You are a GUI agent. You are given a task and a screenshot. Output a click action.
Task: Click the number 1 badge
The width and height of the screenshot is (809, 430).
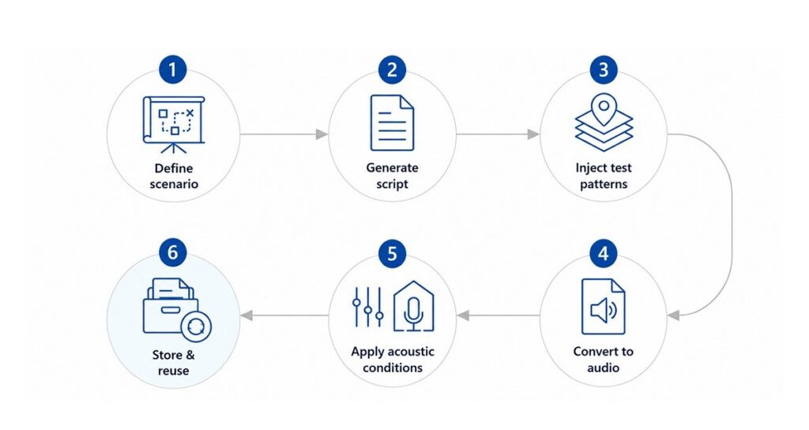pyautogui.click(x=172, y=70)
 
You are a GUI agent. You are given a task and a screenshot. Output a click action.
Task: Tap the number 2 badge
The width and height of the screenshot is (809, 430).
pyautogui.click(x=392, y=70)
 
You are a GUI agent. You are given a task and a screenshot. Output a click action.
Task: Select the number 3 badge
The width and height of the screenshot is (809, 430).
pyautogui.click(x=603, y=70)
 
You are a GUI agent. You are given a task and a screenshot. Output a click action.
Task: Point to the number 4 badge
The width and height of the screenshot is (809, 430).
pyautogui.click(x=603, y=254)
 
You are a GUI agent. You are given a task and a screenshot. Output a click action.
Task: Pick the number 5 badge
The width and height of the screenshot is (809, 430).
pyautogui.click(x=392, y=254)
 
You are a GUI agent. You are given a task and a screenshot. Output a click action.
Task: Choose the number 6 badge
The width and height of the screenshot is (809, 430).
pyautogui.click(x=172, y=252)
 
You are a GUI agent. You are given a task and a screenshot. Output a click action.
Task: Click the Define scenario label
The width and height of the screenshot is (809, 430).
pyautogui.click(x=174, y=176)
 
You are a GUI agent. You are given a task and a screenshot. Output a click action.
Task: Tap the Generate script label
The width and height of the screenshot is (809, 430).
pyautogui.click(x=392, y=175)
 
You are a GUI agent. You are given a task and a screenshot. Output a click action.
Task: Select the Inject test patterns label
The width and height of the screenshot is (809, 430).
pyautogui.click(x=604, y=175)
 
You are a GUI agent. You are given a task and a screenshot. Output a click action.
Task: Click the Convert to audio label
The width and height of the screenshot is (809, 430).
pyautogui.click(x=603, y=360)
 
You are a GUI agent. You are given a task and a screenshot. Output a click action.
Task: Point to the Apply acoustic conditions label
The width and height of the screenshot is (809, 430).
pyautogui.click(x=393, y=360)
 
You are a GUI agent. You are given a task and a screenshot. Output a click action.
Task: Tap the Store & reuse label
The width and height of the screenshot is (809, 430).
pyautogui.click(x=173, y=362)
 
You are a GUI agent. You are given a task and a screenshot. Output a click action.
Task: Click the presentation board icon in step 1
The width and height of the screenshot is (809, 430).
pyautogui.click(x=173, y=125)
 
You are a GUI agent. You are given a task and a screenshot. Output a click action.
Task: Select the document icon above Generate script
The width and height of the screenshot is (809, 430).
pyautogui.click(x=392, y=123)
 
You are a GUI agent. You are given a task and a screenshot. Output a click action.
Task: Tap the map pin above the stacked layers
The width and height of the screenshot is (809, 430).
pyautogui.click(x=604, y=109)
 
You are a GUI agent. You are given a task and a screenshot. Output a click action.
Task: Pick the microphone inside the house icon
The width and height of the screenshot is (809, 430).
pyautogui.click(x=413, y=313)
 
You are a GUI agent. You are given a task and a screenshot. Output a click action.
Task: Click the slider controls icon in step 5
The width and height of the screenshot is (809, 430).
pyautogui.click(x=368, y=307)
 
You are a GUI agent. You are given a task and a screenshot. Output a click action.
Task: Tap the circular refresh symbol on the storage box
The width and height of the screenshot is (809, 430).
pyautogui.click(x=196, y=326)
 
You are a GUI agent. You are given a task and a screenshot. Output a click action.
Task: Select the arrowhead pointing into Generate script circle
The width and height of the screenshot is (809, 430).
pyautogui.click(x=322, y=134)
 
